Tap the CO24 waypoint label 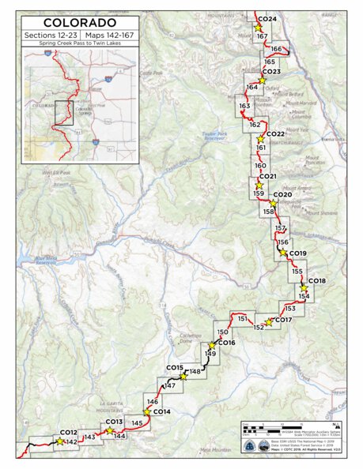pyautogui.click(x=267, y=19)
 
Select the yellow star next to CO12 pyautogui.click(x=59, y=442)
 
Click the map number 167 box pyautogui.click(x=262, y=37)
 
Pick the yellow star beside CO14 pyautogui.click(x=146, y=411)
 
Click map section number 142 pyautogui.click(x=72, y=441)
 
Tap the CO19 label pyautogui.click(x=298, y=253)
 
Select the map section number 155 pyautogui.click(x=297, y=272)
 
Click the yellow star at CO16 pyautogui.click(x=212, y=346)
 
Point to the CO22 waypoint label pyautogui.click(x=275, y=134)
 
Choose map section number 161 pyautogui.click(x=261, y=148)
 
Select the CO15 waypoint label pyautogui.click(x=175, y=368)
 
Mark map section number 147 pyautogui.click(x=169, y=385)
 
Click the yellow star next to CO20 pyautogui.click(x=273, y=202)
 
